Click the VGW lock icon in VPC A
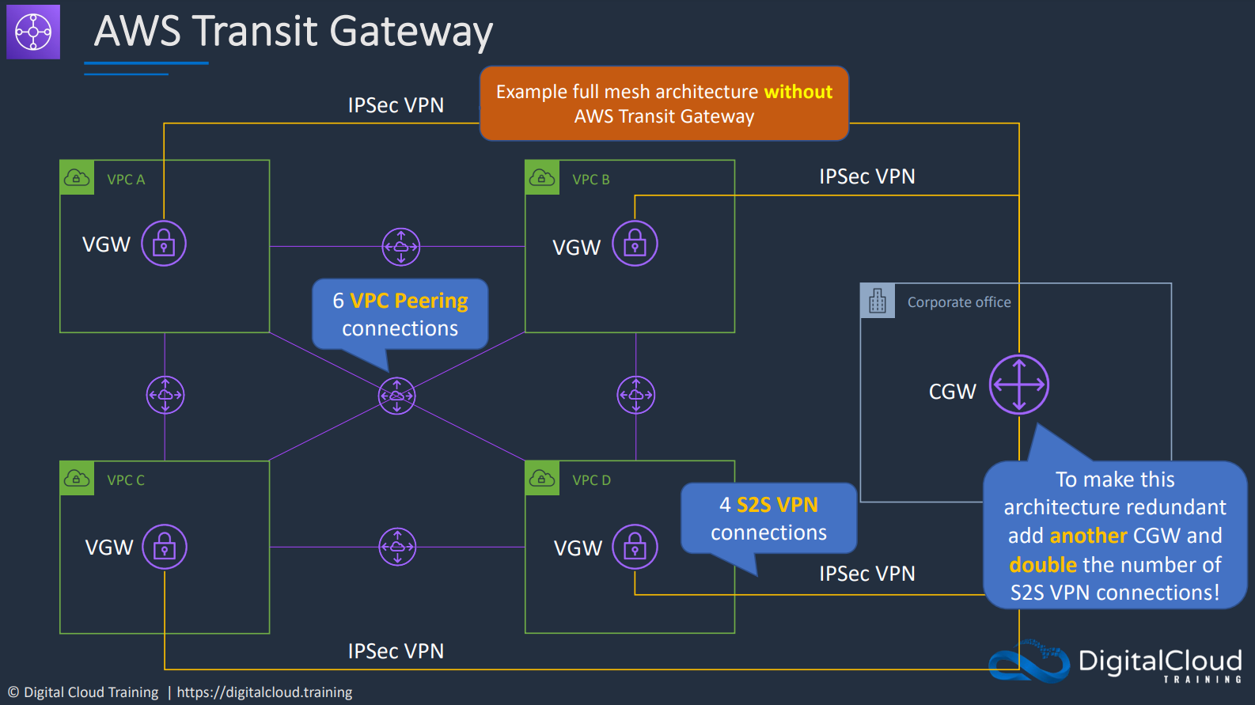[x=164, y=244]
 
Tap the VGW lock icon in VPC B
[x=635, y=244]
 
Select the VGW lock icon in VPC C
[x=165, y=547]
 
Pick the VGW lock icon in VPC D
[x=635, y=547]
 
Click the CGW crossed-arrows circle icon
[x=1019, y=385]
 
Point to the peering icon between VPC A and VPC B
[x=401, y=247]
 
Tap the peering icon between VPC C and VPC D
[x=397, y=547]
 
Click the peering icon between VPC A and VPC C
[x=165, y=395]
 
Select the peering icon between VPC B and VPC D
[x=636, y=395]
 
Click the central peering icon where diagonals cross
[x=396, y=396]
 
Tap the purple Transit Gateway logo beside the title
[x=33, y=32]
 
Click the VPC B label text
[x=591, y=180]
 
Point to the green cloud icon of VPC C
[x=77, y=479]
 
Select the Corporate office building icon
[x=878, y=301]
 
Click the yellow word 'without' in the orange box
[x=798, y=91]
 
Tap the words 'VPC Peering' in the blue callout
[x=409, y=301]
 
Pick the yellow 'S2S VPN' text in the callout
[x=777, y=505]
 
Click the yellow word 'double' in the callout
[x=1043, y=564]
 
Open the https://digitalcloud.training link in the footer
[x=264, y=692]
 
